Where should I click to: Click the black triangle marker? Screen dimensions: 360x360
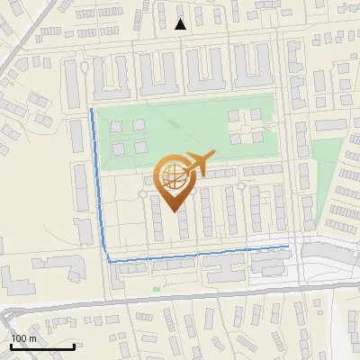(181, 24)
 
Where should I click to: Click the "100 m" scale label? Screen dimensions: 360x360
(23, 337)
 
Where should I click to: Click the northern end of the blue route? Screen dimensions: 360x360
(91, 110)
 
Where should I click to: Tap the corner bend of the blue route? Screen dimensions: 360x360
(109, 261)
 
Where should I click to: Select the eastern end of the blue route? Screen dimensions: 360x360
(288, 245)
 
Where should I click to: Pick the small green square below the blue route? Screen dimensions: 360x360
(156, 289)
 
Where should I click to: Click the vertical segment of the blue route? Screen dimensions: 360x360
(98, 180)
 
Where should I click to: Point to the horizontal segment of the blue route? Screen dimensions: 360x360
(198, 254)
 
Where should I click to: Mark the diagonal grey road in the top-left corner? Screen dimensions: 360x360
(13, 54)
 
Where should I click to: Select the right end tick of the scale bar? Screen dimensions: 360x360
(74, 346)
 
